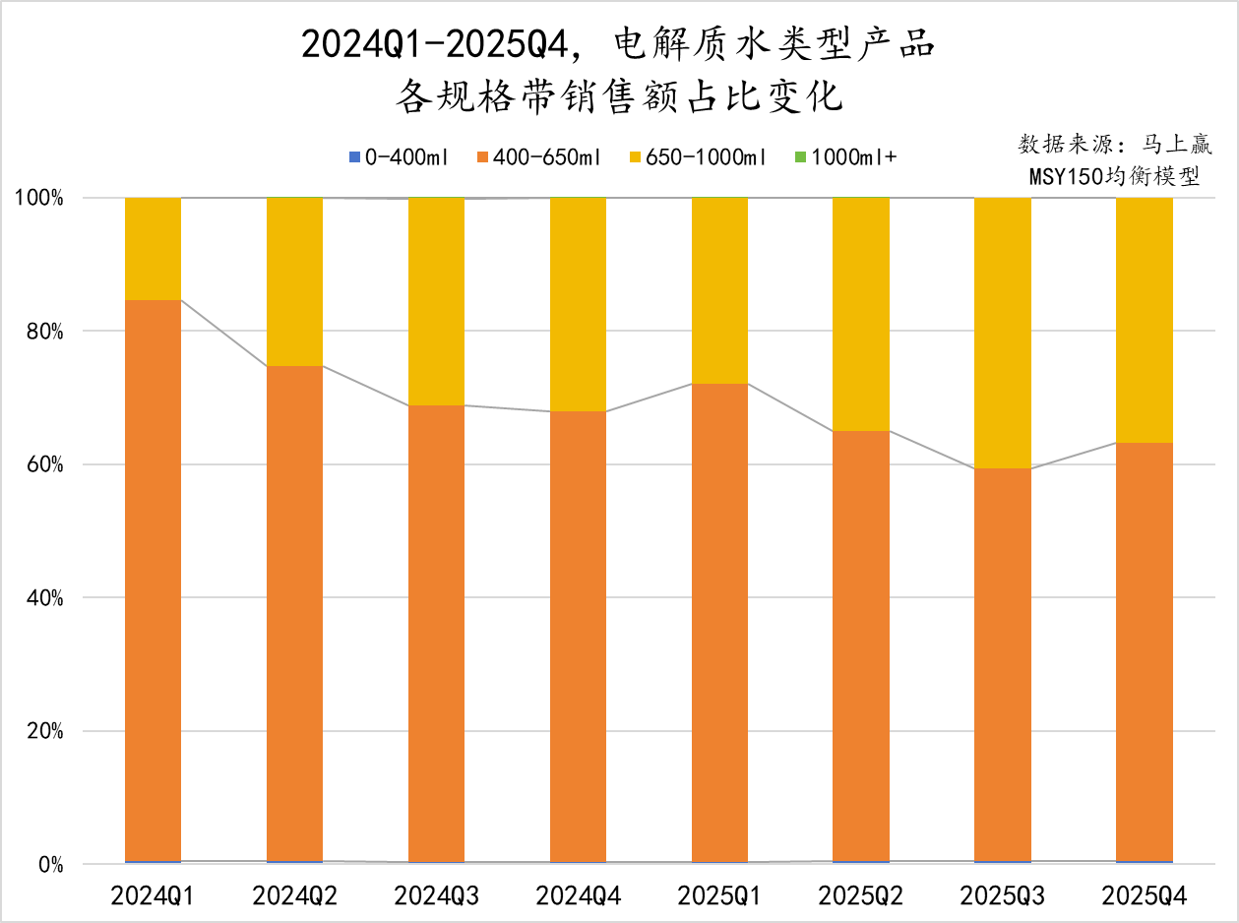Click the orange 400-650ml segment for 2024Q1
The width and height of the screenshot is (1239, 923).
tap(153, 581)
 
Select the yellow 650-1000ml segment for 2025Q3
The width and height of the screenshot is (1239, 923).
tap(1002, 333)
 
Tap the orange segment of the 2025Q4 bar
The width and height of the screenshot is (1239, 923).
tap(1144, 652)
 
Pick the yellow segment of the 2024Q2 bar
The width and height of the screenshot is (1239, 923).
tap(294, 281)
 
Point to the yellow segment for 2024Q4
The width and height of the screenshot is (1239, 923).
tap(578, 304)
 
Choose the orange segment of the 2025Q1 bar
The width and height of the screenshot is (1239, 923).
tap(719, 622)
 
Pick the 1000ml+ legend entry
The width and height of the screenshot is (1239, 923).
tap(845, 157)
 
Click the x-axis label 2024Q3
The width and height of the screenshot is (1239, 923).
tap(436, 895)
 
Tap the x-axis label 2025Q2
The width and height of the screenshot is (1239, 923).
tap(861, 895)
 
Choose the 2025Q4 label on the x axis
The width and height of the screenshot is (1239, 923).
tap(1145, 895)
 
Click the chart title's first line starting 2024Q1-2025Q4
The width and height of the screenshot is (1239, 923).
tap(617, 44)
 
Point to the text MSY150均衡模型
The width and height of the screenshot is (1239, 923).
tap(1114, 177)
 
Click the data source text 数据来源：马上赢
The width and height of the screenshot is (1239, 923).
tap(1114, 145)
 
